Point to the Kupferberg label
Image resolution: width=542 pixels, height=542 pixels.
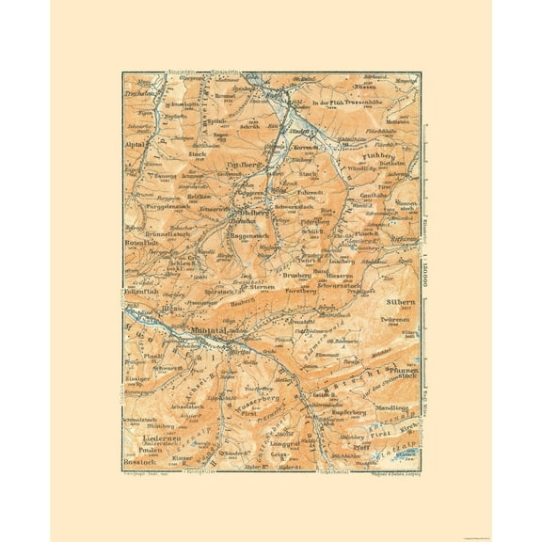(x=353, y=412)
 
